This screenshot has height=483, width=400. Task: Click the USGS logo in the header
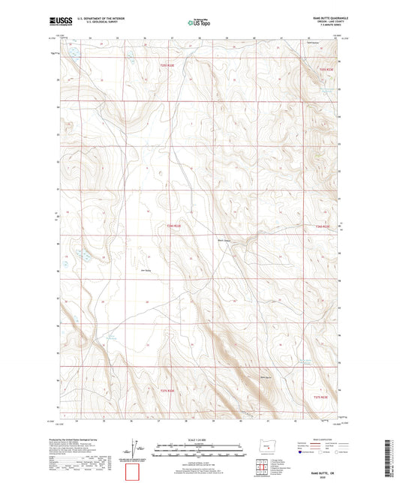(58, 22)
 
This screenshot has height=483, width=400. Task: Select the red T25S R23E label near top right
(323, 69)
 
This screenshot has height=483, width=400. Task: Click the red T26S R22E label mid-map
(173, 224)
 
